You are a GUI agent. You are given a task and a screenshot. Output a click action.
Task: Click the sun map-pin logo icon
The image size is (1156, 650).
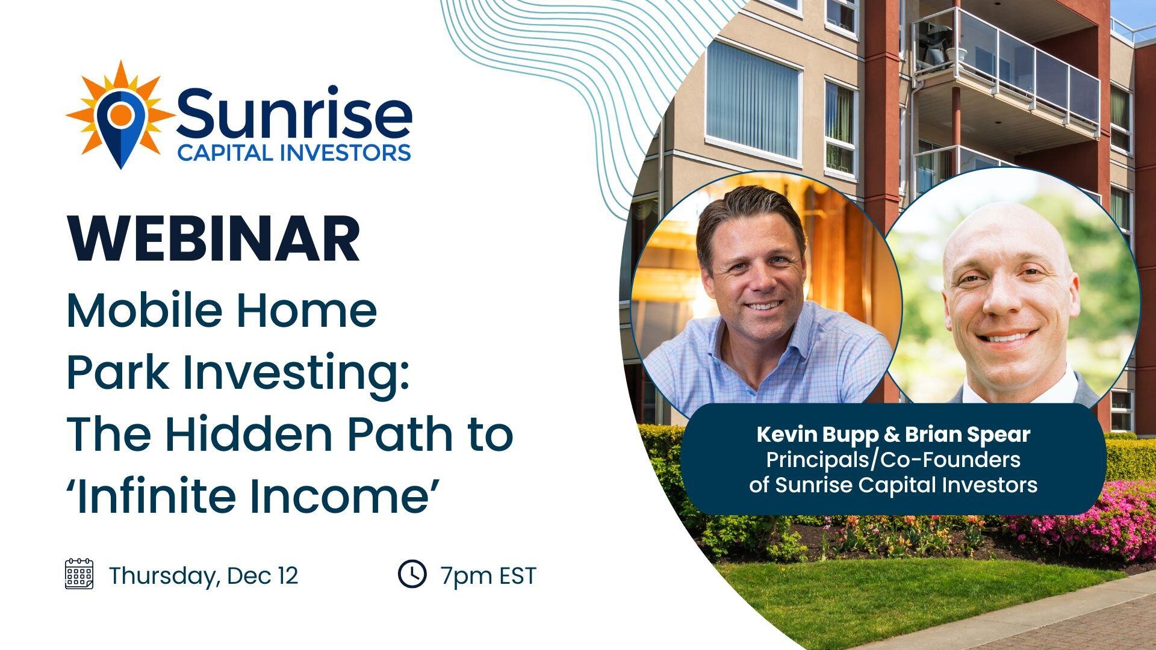click(x=120, y=114)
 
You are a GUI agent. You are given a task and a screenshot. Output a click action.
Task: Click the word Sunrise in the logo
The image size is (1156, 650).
click(x=294, y=113)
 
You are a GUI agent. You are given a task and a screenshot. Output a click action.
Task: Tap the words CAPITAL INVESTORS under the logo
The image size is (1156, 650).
click(x=294, y=153)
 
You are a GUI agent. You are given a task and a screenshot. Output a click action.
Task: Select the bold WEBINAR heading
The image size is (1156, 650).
click(x=214, y=238)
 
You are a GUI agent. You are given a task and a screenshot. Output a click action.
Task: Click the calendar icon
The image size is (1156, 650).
click(x=79, y=574)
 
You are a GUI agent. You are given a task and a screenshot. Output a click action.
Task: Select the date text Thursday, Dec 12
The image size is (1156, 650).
click(x=204, y=576)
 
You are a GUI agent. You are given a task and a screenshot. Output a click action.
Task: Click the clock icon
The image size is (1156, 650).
click(x=412, y=574)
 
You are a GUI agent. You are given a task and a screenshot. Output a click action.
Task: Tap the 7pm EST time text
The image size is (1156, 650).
click(x=488, y=576)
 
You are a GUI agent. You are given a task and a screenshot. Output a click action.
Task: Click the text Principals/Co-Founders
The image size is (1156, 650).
click(x=893, y=460)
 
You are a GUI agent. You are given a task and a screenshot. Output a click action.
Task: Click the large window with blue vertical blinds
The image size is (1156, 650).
click(x=753, y=99)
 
